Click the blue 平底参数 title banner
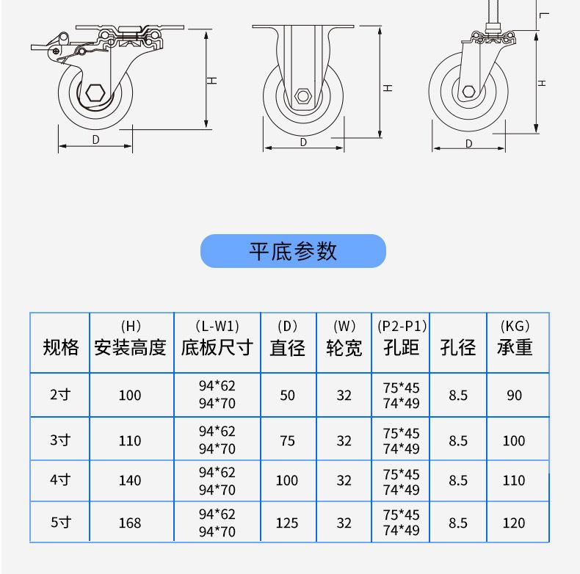pyautogui.click(x=293, y=251)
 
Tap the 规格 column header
pyautogui.click(x=60, y=347)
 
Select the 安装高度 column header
pyautogui.click(x=130, y=347)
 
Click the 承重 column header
pyautogui.click(x=514, y=347)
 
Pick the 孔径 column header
pyautogui.click(x=458, y=347)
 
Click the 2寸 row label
pyautogui.click(x=60, y=395)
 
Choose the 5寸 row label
pyautogui.click(x=60, y=523)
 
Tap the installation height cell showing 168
pyautogui.click(x=130, y=523)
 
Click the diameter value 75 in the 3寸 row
pyautogui.click(x=287, y=440)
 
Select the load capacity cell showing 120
pyautogui.click(x=514, y=523)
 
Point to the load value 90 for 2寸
pyautogui.click(x=514, y=395)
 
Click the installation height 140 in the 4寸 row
pyautogui.click(x=130, y=481)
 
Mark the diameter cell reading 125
pyautogui.click(x=287, y=523)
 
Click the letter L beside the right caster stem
pyautogui.click(x=543, y=14)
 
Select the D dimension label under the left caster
pyautogui.click(x=95, y=139)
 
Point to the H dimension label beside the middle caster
pyautogui.click(x=388, y=88)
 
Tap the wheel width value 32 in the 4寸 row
pyautogui.click(x=344, y=481)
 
